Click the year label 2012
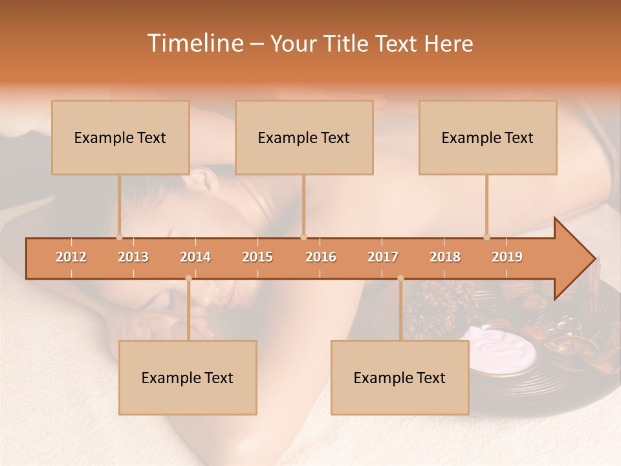(71, 257)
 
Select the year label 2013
(133, 257)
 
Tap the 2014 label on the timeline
(195, 257)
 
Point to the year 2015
(257, 257)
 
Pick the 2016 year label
(321, 257)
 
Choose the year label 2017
(383, 257)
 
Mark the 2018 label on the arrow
(445, 257)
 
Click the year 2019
(507, 257)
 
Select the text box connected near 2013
(120, 137)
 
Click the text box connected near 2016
(304, 137)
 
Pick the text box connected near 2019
(488, 137)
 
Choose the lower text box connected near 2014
(188, 377)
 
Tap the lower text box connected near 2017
(400, 377)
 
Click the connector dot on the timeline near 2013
(119, 237)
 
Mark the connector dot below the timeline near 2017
(400, 278)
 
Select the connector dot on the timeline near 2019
(486, 237)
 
